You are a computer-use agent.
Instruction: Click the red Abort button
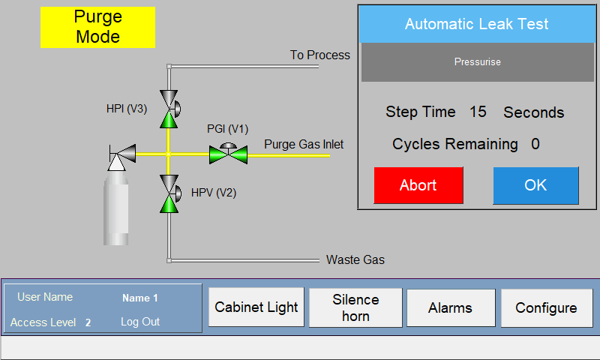click(x=418, y=185)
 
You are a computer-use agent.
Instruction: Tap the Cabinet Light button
click(x=256, y=307)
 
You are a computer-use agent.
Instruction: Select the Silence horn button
click(x=355, y=307)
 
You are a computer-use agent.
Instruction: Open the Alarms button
click(x=451, y=307)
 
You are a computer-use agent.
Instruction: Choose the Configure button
click(x=547, y=307)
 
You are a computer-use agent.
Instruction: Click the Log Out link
click(x=140, y=322)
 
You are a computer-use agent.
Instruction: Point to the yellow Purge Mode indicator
click(x=98, y=27)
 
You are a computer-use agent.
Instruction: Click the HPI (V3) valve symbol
click(x=169, y=109)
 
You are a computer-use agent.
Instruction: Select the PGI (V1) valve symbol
click(x=229, y=154)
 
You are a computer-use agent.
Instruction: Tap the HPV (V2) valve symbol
click(x=169, y=194)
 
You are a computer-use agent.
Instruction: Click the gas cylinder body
click(x=116, y=208)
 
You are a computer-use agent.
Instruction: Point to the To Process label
click(x=320, y=55)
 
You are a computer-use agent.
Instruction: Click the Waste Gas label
click(x=355, y=259)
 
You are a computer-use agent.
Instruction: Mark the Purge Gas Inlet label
click(x=304, y=145)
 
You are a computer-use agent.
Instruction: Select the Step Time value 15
click(x=478, y=112)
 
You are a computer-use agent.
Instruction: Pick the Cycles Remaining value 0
click(x=535, y=144)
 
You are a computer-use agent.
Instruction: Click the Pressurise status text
click(x=478, y=62)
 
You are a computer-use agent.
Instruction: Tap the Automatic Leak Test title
click(x=477, y=24)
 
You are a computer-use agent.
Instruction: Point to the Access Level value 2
click(x=88, y=322)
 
